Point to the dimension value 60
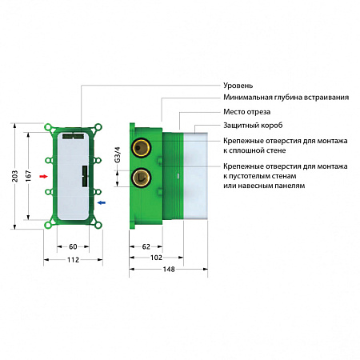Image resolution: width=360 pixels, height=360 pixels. click(72, 247)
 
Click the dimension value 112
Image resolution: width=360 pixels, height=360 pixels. click(72, 260)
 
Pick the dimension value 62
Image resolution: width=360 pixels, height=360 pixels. click(146, 247)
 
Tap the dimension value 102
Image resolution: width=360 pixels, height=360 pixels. click(157, 258)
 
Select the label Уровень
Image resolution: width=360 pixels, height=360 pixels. click(238, 85)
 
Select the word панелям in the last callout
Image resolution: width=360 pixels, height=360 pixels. click(285, 186)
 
